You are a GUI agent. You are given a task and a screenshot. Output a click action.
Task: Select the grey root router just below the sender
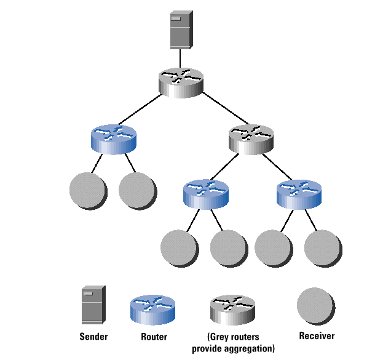point(180,81)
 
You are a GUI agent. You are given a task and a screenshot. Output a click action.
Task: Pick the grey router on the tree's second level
point(250,138)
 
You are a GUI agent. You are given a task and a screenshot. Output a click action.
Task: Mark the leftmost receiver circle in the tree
point(88,191)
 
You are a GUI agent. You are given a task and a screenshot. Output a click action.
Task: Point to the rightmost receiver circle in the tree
point(323,248)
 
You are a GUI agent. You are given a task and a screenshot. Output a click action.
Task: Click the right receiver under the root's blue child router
point(136,191)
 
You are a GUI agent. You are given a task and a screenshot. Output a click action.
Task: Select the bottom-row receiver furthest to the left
point(179,248)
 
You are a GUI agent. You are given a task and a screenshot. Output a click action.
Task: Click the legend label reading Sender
point(93,337)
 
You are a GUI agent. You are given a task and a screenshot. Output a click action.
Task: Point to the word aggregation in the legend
point(250,348)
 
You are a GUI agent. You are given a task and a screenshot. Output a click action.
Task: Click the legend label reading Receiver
point(316,336)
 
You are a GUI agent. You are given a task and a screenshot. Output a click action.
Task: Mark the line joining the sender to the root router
point(180,58)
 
